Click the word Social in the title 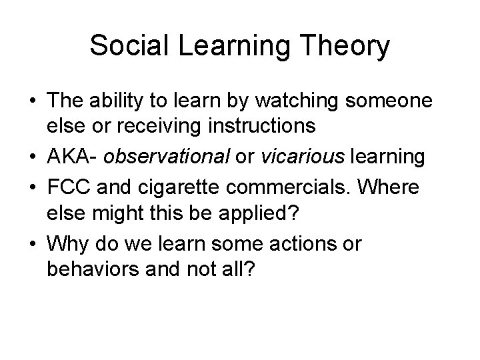point(127,46)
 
